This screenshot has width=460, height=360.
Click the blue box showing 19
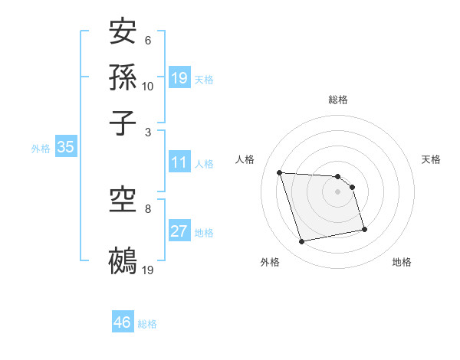pyautogui.click(x=179, y=77)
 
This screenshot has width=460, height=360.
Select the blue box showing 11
pyautogui.click(x=179, y=162)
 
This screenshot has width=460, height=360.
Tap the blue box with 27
pyautogui.click(x=179, y=231)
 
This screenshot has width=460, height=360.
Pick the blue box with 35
pyautogui.click(x=65, y=148)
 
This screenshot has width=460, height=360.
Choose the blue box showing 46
pyautogui.click(x=123, y=322)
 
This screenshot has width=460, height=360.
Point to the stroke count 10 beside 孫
pyautogui.click(x=148, y=86)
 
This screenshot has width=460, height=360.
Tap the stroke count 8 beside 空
pyautogui.click(x=148, y=208)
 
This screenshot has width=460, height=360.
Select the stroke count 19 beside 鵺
pyautogui.click(x=148, y=270)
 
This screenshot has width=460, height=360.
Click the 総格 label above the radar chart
pyautogui.click(x=337, y=100)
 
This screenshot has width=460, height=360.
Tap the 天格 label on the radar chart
pyautogui.click(x=431, y=159)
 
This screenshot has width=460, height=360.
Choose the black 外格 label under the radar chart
pyautogui.click(x=270, y=263)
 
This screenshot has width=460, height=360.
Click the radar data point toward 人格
pyautogui.click(x=280, y=172)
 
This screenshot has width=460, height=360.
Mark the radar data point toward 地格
pyautogui.click(x=364, y=229)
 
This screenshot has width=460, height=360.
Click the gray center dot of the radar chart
pyautogui.click(x=337, y=191)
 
